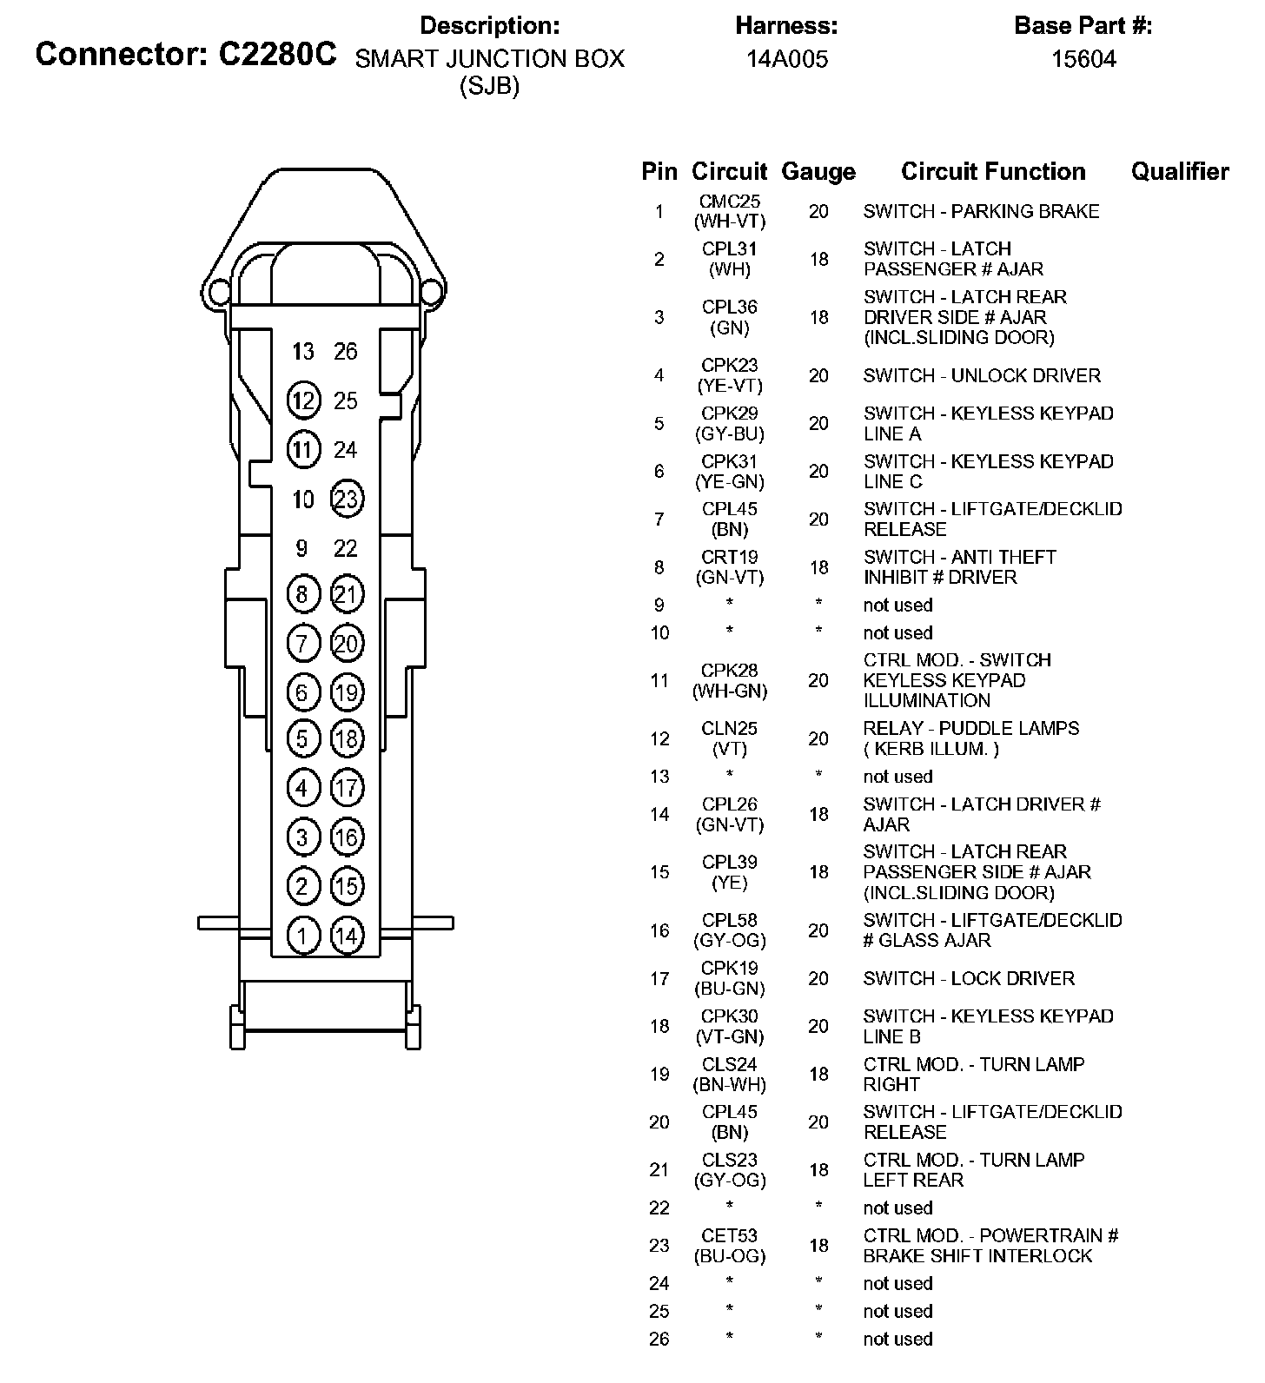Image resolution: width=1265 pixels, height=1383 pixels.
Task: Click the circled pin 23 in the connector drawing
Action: pyautogui.click(x=347, y=499)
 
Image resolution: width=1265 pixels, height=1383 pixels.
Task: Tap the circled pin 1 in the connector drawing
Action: pyautogui.click(x=302, y=936)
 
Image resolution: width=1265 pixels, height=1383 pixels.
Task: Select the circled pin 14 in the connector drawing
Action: pyautogui.click(x=347, y=936)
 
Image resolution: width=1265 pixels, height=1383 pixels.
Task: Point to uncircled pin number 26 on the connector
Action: pyautogui.click(x=346, y=352)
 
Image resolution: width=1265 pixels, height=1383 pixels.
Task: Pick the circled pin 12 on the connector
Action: pyautogui.click(x=302, y=400)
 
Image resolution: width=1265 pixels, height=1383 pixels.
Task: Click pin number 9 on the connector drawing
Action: pyautogui.click(x=301, y=548)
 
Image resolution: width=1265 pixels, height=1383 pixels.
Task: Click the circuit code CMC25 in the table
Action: pyautogui.click(x=730, y=202)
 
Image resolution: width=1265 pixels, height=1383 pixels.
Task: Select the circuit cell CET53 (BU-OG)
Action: pyautogui.click(x=730, y=1245)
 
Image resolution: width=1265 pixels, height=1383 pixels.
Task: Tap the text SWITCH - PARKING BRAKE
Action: pyautogui.click(x=981, y=211)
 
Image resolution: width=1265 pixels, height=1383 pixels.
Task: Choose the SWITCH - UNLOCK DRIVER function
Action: pyautogui.click(x=982, y=375)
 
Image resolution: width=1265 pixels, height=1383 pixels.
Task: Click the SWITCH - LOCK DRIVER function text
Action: pyautogui.click(x=969, y=978)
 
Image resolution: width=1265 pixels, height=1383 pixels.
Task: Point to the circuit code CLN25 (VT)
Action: pyautogui.click(x=730, y=738)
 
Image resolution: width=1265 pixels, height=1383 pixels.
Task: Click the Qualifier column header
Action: pyautogui.click(x=1180, y=172)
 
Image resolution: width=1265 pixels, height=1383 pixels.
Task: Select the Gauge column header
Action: pyautogui.click(x=818, y=172)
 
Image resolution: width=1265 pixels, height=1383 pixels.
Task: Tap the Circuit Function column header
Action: pyautogui.click(x=993, y=172)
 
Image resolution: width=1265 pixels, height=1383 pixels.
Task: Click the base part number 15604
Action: pyautogui.click(x=1083, y=59)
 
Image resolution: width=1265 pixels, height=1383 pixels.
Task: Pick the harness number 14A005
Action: pyautogui.click(x=787, y=59)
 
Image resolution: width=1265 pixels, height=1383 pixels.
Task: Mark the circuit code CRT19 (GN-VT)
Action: pyautogui.click(x=730, y=566)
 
